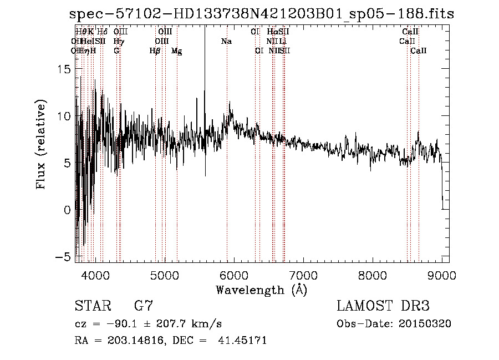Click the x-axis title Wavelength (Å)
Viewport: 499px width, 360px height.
pos(261,290)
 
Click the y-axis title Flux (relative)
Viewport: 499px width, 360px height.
pos(41,145)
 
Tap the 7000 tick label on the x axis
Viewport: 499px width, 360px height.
pos(303,275)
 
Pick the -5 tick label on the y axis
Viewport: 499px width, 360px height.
pos(64,257)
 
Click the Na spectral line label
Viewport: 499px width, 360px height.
pos(226,41)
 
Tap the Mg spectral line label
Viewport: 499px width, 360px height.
pos(176,51)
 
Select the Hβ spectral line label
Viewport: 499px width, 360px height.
pos(155,51)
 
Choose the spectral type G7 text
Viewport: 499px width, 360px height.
pos(144,306)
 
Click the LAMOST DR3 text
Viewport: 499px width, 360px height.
pos(383,306)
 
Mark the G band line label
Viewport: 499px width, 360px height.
pos(116,50)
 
